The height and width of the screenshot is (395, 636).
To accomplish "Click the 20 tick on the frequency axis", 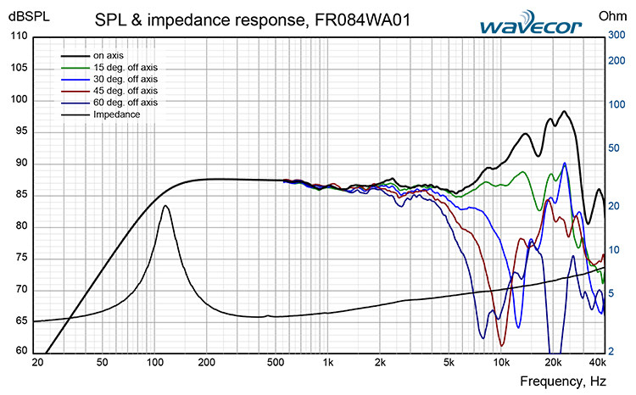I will click(37, 364).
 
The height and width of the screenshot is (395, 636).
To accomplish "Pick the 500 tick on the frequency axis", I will click(276, 364).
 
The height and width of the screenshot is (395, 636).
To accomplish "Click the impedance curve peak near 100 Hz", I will click(165, 206).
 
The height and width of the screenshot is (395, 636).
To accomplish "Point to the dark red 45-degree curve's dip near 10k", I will click(502, 345).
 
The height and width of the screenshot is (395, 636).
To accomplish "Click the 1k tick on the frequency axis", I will click(327, 364).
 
